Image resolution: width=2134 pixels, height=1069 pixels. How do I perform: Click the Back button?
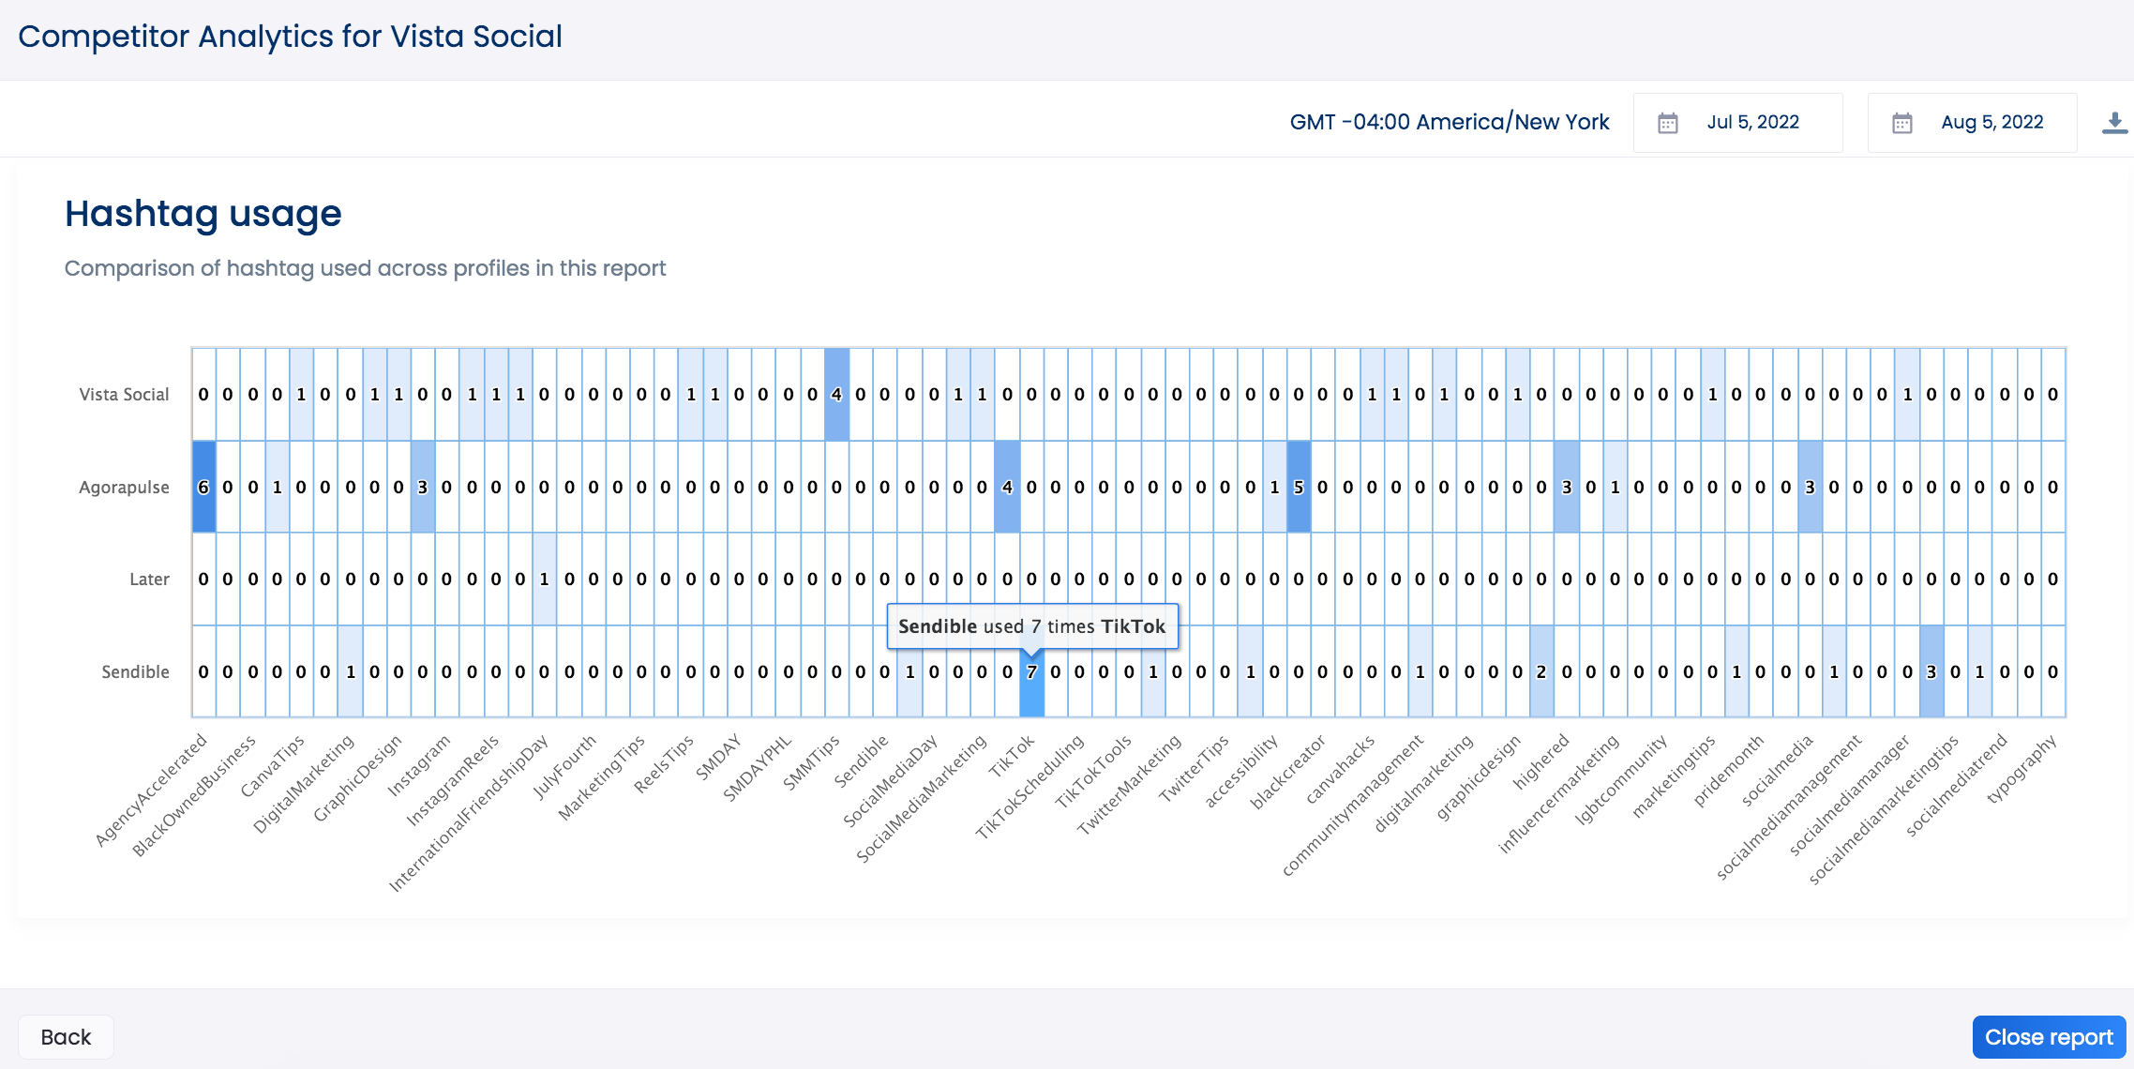[x=66, y=1036]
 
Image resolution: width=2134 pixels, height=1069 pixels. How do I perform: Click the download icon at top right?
[x=2114, y=123]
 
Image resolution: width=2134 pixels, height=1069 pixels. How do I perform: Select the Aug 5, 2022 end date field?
[x=1972, y=123]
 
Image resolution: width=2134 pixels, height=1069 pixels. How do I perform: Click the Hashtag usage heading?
[x=203, y=214]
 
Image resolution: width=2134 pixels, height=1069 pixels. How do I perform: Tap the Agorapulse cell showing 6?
[x=203, y=487]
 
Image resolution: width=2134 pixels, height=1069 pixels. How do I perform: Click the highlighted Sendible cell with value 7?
[x=1031, y=671]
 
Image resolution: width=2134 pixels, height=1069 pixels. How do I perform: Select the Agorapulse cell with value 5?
[x=1299, y=487]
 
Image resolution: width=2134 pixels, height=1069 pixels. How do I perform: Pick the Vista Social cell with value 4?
[x=836, y=395]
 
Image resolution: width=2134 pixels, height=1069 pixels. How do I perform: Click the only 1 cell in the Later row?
[x=544, y=580]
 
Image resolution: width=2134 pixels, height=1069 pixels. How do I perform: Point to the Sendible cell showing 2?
[x=1541, y=671]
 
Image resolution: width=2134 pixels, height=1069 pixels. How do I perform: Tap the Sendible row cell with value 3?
[x=1931, y=671]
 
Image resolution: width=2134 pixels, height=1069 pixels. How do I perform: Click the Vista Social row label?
[x=124, y=395]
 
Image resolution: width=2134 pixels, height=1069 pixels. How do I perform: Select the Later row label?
[x=149, y=580]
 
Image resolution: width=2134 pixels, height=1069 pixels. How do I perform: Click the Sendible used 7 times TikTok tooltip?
[x=1031, y=626]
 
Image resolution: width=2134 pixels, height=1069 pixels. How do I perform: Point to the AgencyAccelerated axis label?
[x=152, y=790]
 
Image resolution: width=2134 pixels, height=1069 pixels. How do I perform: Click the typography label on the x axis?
[x=2021, y=769]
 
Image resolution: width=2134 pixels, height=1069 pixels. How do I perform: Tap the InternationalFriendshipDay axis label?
[x=469, y=814]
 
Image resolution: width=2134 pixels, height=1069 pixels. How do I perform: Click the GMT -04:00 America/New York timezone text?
[x=1449, y=123]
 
